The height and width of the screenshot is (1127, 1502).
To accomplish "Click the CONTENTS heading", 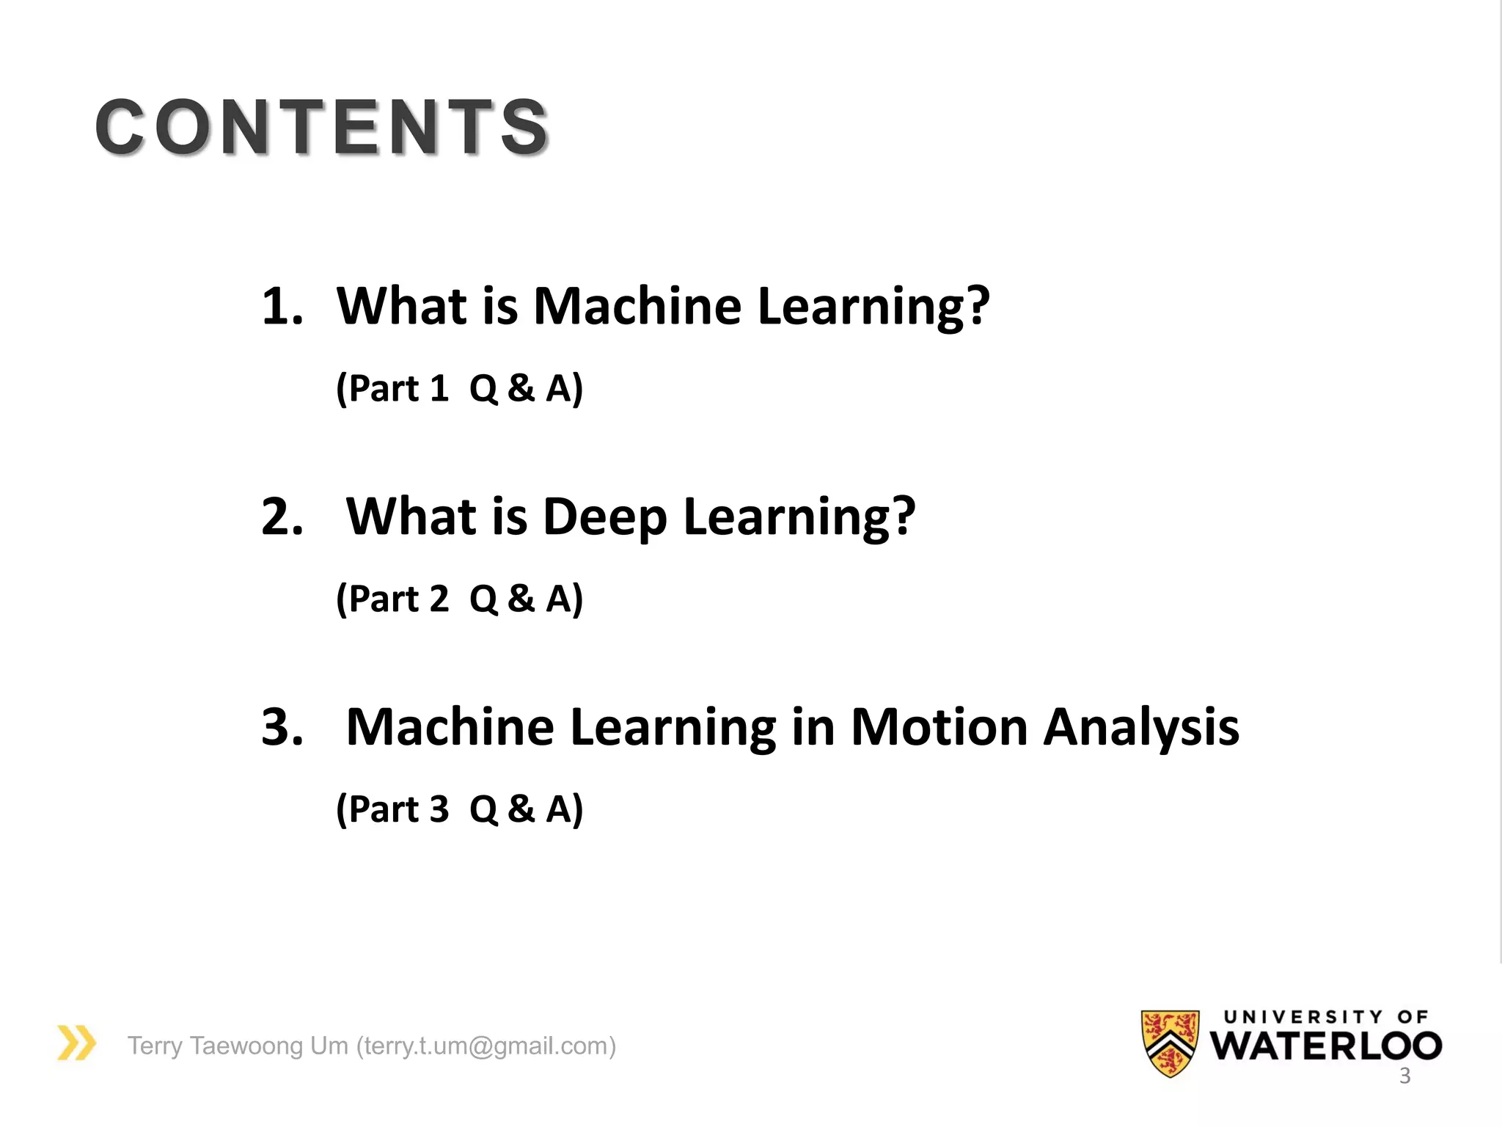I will [x=323, y=127].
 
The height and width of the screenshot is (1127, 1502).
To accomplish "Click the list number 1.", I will [x=282, y=306].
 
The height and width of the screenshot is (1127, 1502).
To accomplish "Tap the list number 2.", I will [x=282, y=517].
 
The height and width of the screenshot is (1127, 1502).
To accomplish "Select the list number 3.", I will [x=282, y=727].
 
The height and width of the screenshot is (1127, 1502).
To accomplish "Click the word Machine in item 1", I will [x=637, y=306].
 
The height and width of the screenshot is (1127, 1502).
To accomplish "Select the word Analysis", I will [x=1141, y=729].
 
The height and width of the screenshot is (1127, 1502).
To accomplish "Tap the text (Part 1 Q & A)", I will [x=459, y=388].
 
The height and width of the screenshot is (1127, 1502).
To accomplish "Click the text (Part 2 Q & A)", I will [x=459, y=599].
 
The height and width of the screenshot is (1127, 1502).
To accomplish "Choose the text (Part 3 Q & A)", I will [x=459, y=809].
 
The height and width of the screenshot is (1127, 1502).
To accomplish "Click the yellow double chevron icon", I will [x=76, y=1043].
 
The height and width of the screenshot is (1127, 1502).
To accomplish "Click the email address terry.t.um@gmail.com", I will [x=486, y=1046].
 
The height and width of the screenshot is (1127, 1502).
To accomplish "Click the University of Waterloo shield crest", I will [x=1170, y=1043].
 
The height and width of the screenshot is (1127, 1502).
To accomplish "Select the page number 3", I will [x=1404, y=1076].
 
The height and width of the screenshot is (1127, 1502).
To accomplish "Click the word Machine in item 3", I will [x=450, y=727].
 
